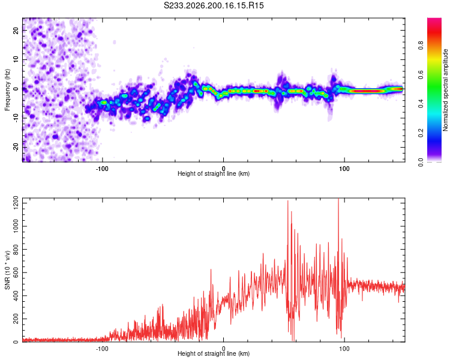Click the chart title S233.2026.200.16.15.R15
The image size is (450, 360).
click(x=214, y=5)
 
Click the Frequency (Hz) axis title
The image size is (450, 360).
click(x=7, y=90)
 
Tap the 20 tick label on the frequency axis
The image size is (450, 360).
click(x=16, y=30)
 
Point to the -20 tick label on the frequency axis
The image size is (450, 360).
click(x=16, y=147)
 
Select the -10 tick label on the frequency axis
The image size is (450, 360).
click(x=16, y=118)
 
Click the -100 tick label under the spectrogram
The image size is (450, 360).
click(x=101, y=169)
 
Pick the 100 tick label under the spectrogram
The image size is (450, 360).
click(x=344, y=169)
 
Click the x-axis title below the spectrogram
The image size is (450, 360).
click(x=214, y=173)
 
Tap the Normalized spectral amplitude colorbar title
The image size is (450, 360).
click(x=445, y=90)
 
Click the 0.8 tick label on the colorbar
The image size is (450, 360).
click(x=421, y=45)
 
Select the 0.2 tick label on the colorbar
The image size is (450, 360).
click(x=421, y=133)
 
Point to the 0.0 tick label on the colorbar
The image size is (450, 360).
click(x=421, y=162)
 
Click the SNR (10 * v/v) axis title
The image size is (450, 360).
click(x=7, y=270)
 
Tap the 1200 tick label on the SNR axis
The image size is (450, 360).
click(x=16, y=203)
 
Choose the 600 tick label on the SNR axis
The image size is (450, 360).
click(x=16, y=273)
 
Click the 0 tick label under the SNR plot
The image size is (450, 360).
click(x=223, y=349)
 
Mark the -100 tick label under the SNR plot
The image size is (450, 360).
click(x=101, y=349)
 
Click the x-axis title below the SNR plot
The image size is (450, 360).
click(x=214, y=353)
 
